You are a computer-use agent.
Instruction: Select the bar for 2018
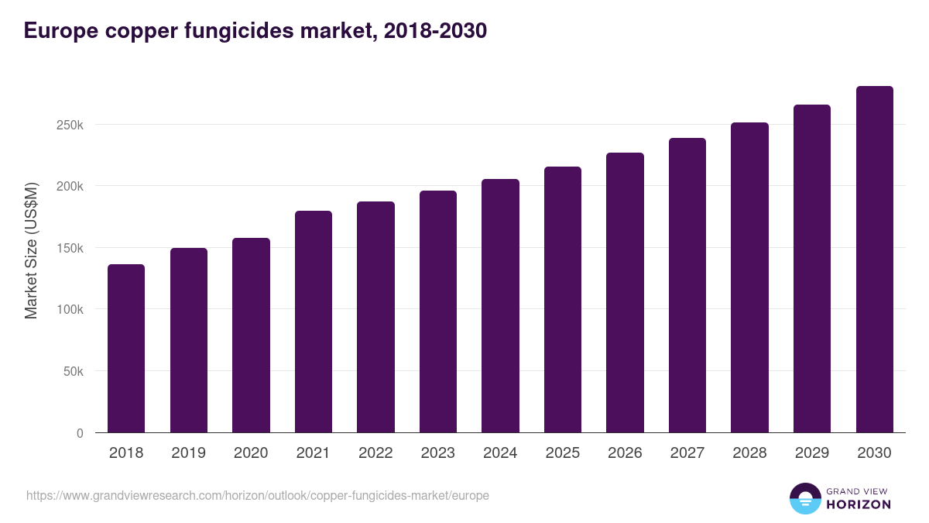coord(125,349)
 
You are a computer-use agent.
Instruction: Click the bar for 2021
coord(313,322)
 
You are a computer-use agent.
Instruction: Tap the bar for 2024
coord(500,306)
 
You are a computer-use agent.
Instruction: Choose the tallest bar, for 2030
coord(874,260)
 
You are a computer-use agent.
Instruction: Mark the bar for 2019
coord(188,340)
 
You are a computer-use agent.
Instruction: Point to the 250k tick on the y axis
coord(70,125)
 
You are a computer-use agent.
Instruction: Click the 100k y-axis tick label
coord(70,309)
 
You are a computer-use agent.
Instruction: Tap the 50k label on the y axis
coord(73,371)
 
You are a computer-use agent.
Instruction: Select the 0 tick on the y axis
coord(80,433)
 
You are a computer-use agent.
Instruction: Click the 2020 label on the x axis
coord(250,453)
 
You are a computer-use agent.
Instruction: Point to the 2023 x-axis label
coord(437,453)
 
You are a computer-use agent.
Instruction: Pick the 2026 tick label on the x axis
coord(625,453)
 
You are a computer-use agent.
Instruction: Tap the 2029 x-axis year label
coord(812,453)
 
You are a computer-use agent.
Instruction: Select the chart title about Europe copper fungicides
coord(255,31)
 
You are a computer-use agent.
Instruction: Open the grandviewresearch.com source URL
coord(258,495)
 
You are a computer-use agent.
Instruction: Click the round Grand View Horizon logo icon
coord(804,498)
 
